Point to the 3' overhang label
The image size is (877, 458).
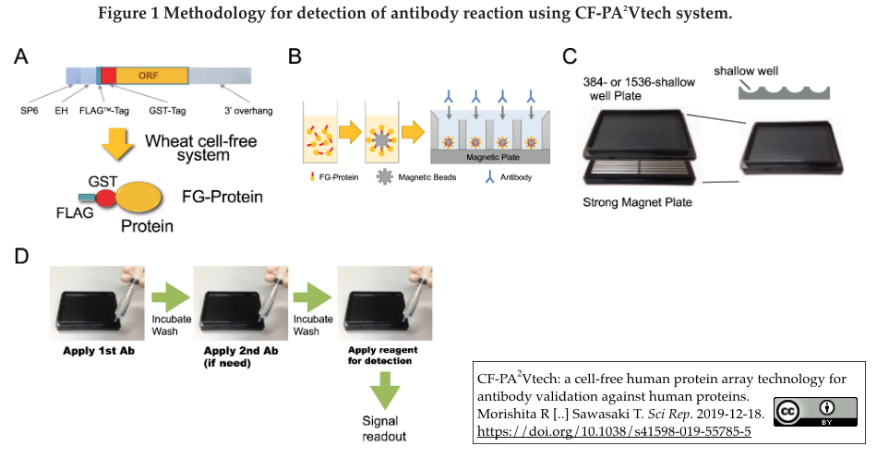pyautogui.click(x=248, y=111)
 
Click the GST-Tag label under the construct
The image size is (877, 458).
pyautogui.click(x=168, y=111)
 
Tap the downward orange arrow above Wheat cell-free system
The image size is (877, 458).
pyautogui.click(x=114, y=144)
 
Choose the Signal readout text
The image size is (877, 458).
pyautogui.click(x=382, y=429)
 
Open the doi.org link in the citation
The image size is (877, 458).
pyautogui.click(x=614, y=431)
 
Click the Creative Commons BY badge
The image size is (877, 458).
pyautogui.click(x=815, y=412)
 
